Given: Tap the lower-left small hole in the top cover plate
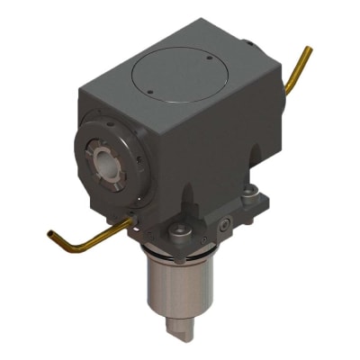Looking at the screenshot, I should pos(151,91).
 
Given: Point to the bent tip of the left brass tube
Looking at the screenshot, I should pos(53,235).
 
